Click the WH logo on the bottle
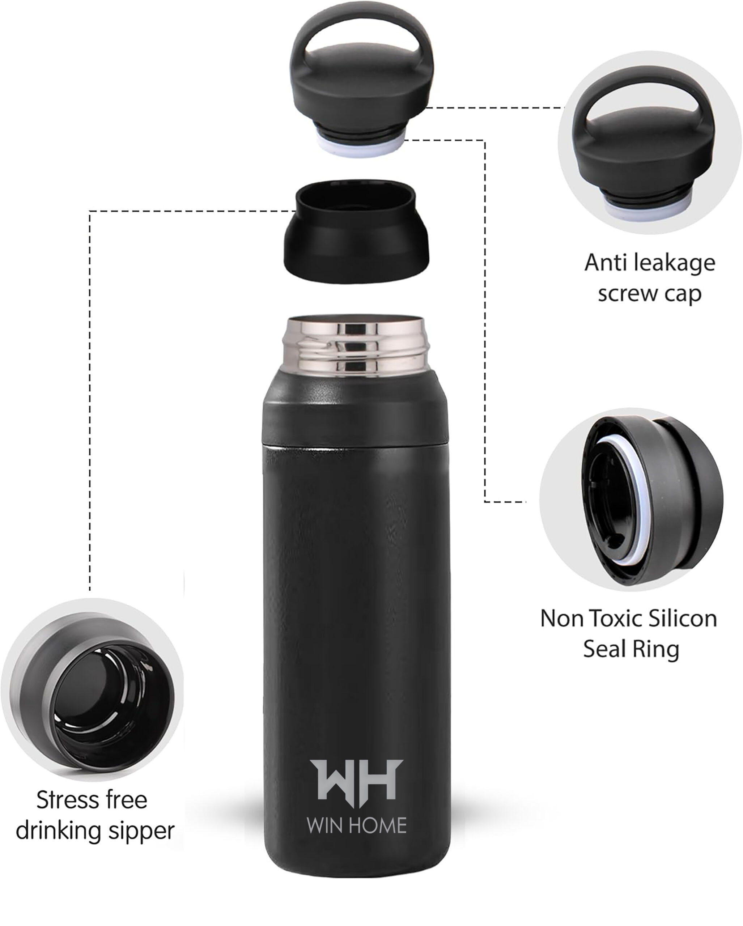pyautogui.click(x=356, y=782)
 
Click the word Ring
pyautogui.click(x=656, y=649)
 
